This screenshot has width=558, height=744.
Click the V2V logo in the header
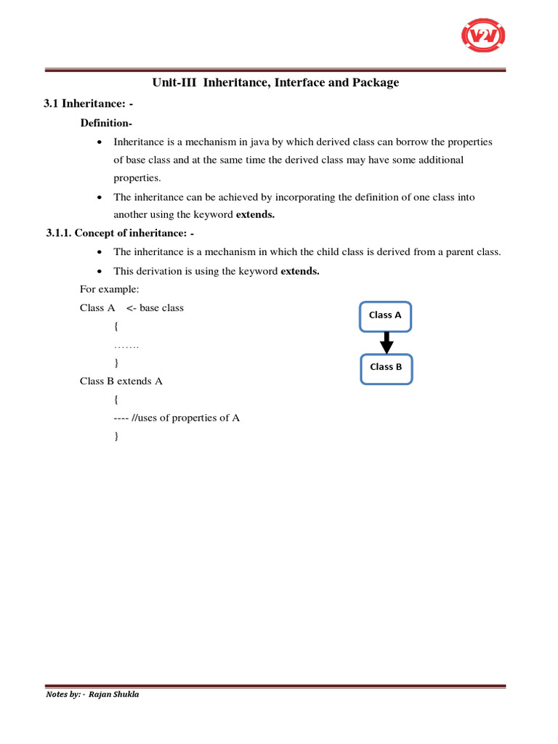click(x=483, y=36)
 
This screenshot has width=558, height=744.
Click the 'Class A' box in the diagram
click(x=385, y=315)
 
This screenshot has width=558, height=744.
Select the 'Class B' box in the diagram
click(x=386, y=367)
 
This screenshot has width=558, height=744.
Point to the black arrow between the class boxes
click(x=387, y=341)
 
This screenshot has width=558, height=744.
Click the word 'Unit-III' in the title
click(x=174, y=83)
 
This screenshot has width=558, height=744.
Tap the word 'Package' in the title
click(x=373, y=83)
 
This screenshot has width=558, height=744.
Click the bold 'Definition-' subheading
click(x=106, y=123)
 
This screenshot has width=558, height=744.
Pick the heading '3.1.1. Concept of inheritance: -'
click(x=120, y=233)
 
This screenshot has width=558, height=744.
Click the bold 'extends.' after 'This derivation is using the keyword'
click(x=300, y=271)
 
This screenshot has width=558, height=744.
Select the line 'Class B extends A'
click(x=121, y=381)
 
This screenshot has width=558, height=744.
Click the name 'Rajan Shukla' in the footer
click(x=113, y=694)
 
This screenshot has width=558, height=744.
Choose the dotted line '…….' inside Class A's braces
click(x=126, y=345)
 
